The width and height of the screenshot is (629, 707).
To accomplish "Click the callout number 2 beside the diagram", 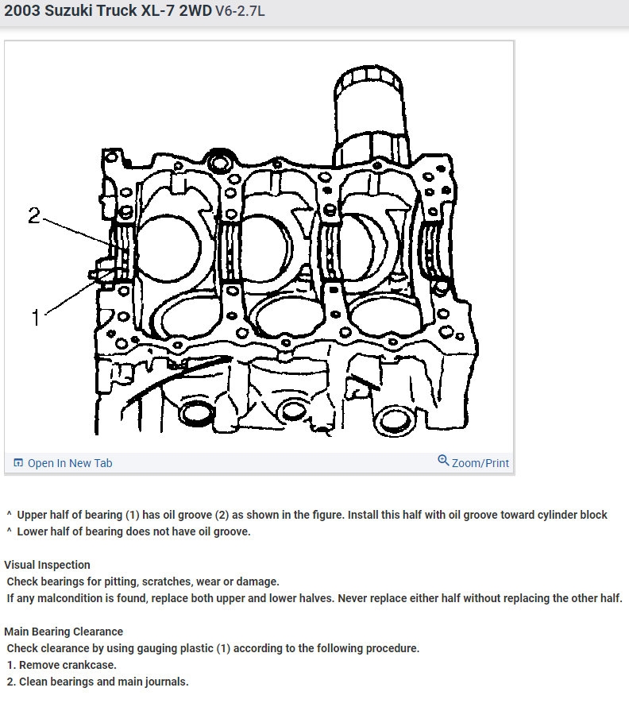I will point(34,215).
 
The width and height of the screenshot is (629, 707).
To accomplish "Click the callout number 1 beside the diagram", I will point(35,318).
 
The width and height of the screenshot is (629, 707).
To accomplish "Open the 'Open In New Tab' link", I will point(70,463).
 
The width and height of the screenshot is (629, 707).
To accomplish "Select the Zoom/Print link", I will point(480,463).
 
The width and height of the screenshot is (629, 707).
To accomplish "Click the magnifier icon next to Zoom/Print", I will point(443,461).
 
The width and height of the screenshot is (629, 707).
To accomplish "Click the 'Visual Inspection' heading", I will point(47,565).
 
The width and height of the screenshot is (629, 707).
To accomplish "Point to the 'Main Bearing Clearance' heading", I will point(64,632).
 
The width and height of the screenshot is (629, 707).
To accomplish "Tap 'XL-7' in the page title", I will point(158,13).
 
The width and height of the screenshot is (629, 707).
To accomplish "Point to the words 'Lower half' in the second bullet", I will point(44,531).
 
